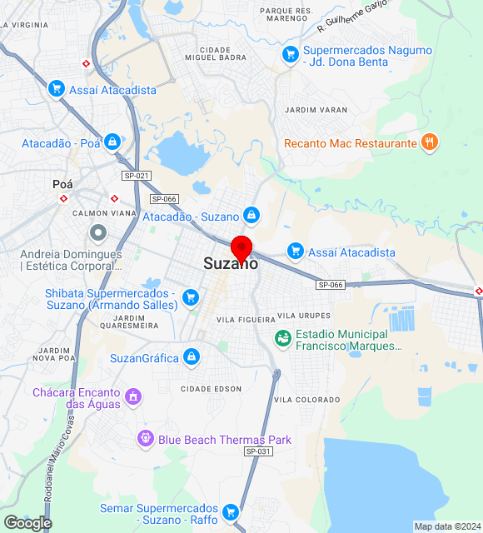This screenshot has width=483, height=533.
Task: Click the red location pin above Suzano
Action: (242, 248)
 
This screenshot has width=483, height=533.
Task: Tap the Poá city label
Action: (62, 184)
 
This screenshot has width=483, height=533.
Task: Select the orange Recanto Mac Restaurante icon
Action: (430, 142)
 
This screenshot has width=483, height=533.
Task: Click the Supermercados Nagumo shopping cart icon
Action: (290, 55)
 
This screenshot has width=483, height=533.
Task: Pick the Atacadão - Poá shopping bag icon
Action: (112, 142)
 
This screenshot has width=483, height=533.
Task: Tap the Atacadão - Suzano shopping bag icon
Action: (251, 217)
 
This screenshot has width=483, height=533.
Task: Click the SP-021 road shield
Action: (136, 176)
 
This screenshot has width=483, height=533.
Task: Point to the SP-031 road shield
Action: (258, 451)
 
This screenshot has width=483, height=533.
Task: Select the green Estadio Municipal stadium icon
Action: (282, 338)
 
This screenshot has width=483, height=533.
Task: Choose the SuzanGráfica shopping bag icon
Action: (192, 357)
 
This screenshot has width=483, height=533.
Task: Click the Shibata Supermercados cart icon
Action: (191, 297)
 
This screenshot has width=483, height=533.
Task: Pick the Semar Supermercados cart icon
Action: (231, 511)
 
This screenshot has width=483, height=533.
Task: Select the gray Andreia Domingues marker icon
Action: (98, 232)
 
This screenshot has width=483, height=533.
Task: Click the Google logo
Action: (27, 522)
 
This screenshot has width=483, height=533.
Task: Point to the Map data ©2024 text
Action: (447, 526)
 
